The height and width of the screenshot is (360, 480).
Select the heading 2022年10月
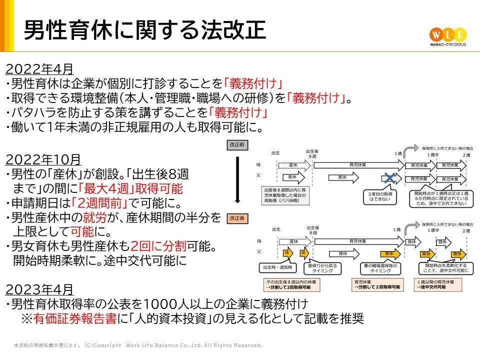[43, 159]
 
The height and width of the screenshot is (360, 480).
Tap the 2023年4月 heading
[39, 289]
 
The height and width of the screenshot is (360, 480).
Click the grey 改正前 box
[237, 144]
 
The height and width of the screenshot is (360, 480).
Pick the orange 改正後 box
[237, 219]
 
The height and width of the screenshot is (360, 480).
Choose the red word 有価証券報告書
[75, 318]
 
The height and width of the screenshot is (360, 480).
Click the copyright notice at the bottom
[138, 345]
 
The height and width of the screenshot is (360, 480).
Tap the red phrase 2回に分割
[158, 246]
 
